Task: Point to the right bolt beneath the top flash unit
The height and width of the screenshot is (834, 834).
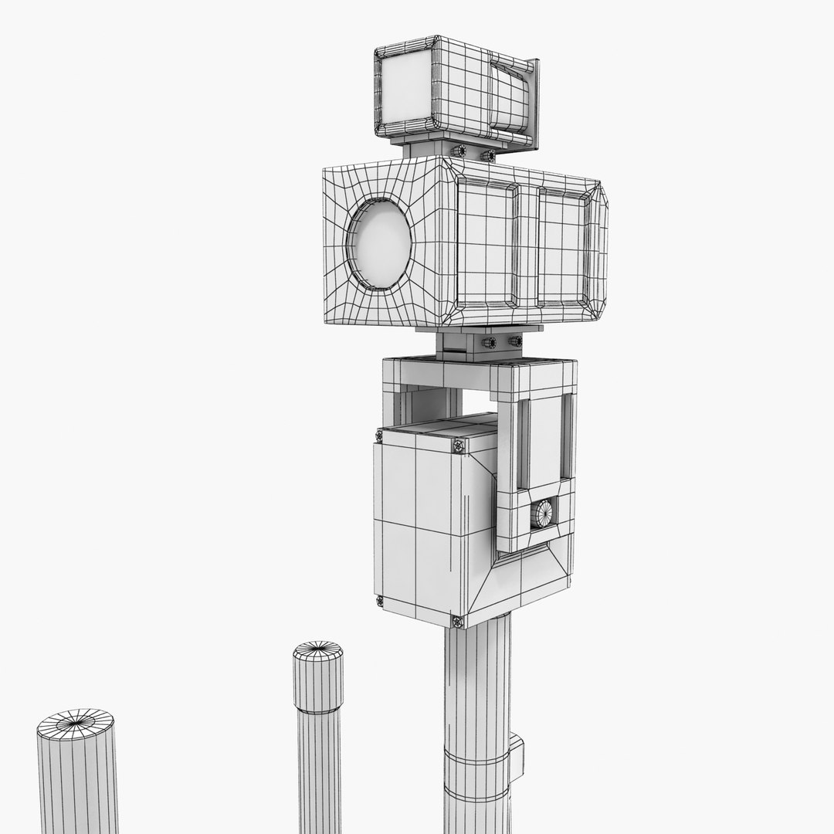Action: pyautogui.click(x=488, y=156)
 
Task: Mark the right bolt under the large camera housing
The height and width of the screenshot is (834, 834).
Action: pyautogui.click(x=515, y=341)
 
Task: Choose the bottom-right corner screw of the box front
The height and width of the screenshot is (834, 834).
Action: pyautogui.click(x=457, y=621)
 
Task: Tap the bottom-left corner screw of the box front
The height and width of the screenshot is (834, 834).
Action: pyautogui.click(x=379, y=601)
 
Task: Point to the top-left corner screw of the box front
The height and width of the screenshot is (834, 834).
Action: pyautogui.click(x=378, y=437)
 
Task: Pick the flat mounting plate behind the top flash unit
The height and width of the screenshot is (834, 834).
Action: pyautogui.click(x=534, y=104)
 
